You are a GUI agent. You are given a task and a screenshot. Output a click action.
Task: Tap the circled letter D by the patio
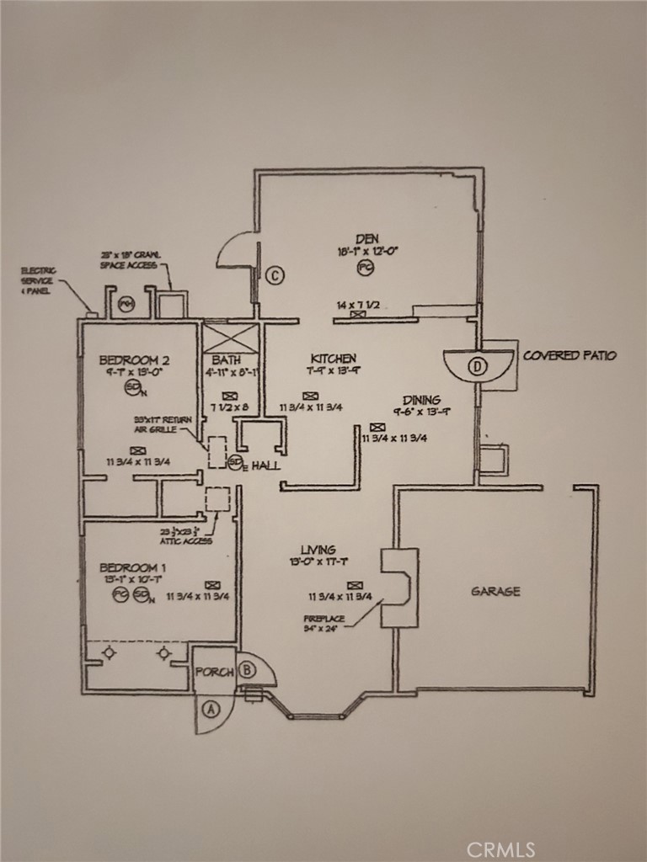pyautogui.click(x=479, y=365)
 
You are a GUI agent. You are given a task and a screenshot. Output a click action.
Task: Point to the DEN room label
pyautogui.click(x=366, y=239)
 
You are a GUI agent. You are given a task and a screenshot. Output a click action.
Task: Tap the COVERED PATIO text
pyautogui.click(x=569, y=355)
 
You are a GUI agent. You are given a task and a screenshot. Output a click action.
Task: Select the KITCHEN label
pyautogui.click(x=333, y=359)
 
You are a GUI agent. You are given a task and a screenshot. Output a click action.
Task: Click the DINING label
pyautogui.click(x=421, y=400)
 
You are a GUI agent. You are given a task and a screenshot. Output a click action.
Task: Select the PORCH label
pyautogui.click(x=213, y=673)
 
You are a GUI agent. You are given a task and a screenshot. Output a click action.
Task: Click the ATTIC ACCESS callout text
pyautogui.click(x=186, y=536)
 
